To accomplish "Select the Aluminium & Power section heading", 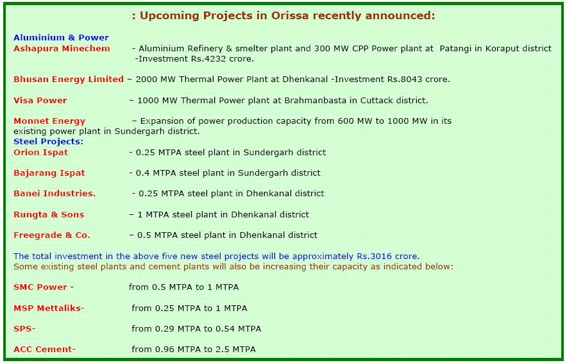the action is [61, 38].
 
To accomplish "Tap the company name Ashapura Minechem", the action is [62, 49].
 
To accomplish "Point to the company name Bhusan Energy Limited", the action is [69, 80].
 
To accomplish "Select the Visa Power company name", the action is [40, 101].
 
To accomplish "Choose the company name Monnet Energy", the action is [49, 121].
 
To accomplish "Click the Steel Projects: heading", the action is [49, 142].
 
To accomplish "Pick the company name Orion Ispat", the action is [41, 153].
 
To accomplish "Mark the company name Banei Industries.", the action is [55, 194].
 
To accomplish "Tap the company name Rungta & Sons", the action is [49, 215].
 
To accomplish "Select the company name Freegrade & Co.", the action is [52, 235].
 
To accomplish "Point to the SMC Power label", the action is [40, 287].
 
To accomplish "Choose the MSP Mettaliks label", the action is [49, 308].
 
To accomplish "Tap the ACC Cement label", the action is [44, 350].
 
